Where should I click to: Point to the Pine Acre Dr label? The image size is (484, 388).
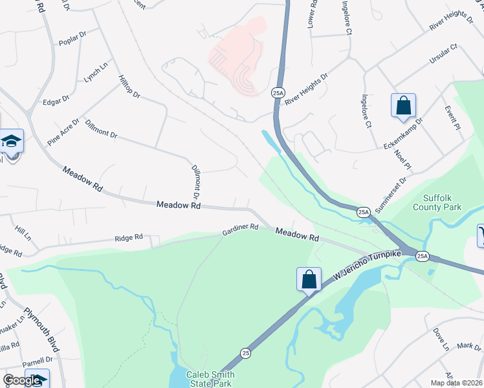63,132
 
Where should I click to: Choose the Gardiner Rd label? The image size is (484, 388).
240,228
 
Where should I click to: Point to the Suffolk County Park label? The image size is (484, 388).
437,202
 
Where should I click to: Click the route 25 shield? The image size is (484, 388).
245,353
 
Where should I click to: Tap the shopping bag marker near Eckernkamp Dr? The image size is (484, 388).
402,105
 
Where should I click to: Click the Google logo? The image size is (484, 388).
22,380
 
